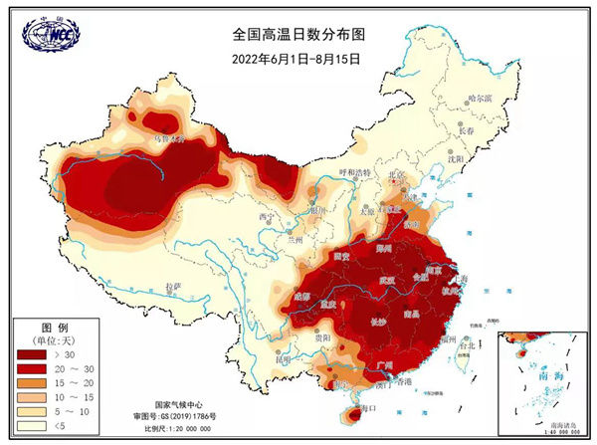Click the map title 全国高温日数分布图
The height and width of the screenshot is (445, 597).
298,34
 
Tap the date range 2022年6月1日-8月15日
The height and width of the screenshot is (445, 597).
296,58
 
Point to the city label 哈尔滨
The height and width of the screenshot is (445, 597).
480,99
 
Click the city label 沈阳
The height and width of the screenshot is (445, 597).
456,157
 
